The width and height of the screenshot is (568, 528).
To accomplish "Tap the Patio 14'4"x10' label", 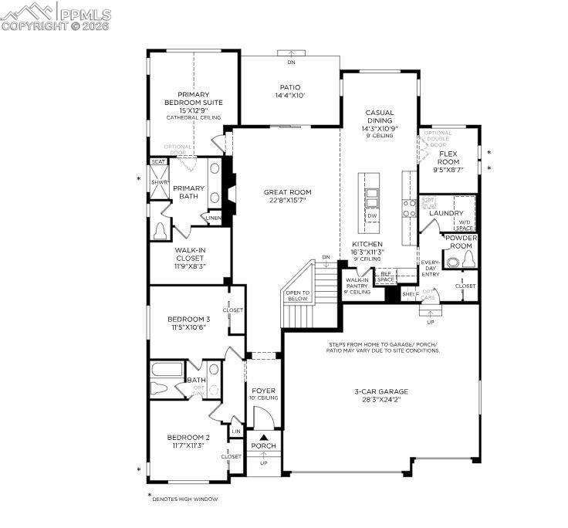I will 290,91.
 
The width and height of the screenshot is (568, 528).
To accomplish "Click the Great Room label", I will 287,196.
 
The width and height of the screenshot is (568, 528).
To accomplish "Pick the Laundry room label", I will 446,213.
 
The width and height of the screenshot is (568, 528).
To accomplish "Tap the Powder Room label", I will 460,242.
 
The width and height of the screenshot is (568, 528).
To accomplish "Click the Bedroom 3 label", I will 188,323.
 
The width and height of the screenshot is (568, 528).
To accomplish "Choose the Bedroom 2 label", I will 188,441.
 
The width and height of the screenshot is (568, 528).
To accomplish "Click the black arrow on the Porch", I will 263,438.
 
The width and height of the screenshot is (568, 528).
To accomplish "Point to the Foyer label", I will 263,394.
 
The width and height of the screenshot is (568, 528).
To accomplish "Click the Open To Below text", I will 297,296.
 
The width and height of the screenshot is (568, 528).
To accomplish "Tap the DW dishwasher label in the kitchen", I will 372,216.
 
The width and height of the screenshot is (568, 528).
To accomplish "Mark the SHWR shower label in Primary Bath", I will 159,182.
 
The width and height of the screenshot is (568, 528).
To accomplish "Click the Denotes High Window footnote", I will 184,499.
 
